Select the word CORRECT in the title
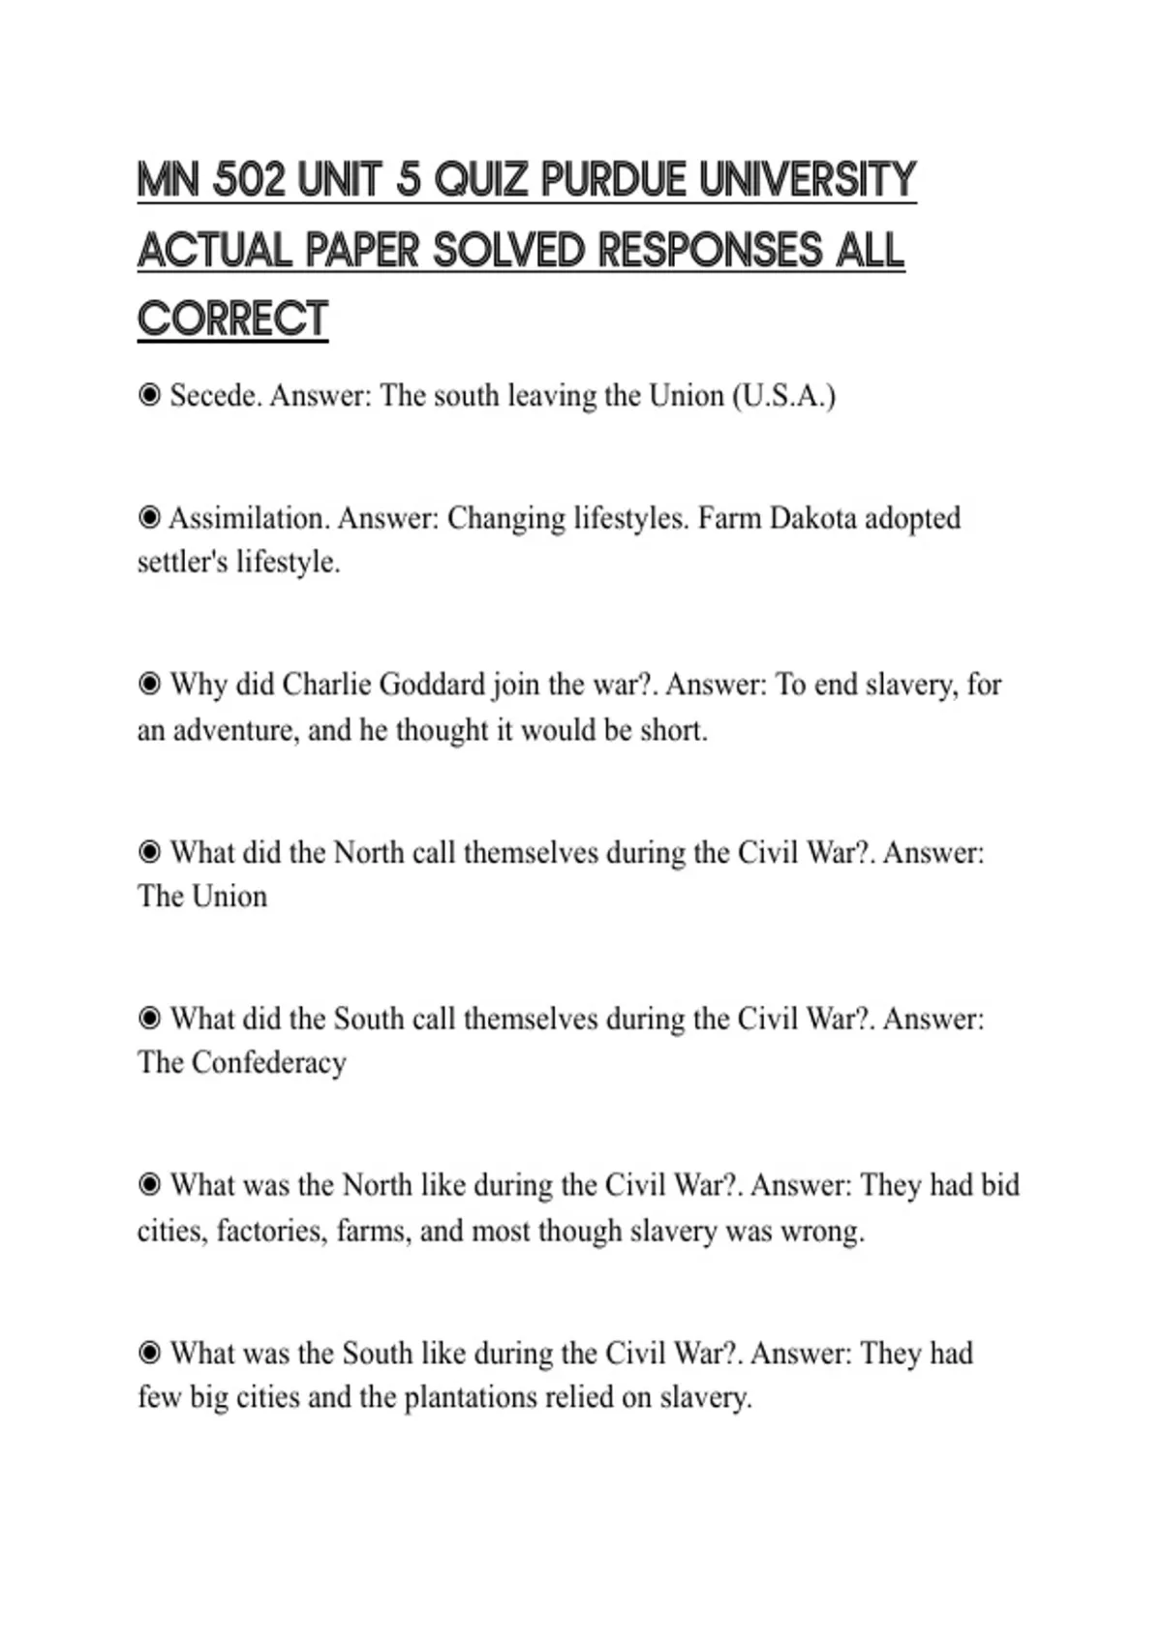pyautogui.click(x=232, y=320)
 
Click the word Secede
pyautogui.click(x=216, y=396)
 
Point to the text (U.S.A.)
pyautogui.click(x=783, y=396)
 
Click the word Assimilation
pyautogui.click(x=249, y=518)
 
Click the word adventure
pyautogui.click(x=236, y=729)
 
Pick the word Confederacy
pyautogui.click(x=268, y=1062)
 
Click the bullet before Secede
pyautogui.click(x=149, y=395)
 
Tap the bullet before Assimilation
pyautogui.click(x=149, y=518)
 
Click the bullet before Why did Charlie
pyautogui.click(x=149, y=685)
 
